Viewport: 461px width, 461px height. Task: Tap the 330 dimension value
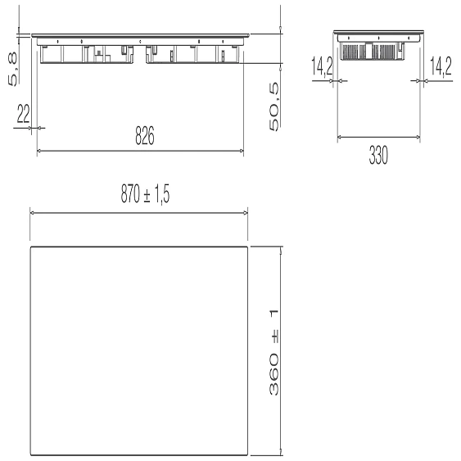[x=377, y=156]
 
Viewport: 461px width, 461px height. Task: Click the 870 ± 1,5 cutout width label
[x=140, y=194]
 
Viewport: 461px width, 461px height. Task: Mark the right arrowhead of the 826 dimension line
[x=242, y=151]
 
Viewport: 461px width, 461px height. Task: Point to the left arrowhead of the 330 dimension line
[x=340, y=138]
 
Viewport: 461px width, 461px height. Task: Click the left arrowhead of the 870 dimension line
[x=33, y=212]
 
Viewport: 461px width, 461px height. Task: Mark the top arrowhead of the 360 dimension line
[x=281, y=251]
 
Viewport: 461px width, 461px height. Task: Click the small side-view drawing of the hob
[x=378, y=47]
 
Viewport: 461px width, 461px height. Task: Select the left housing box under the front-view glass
[x=89, y=53]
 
